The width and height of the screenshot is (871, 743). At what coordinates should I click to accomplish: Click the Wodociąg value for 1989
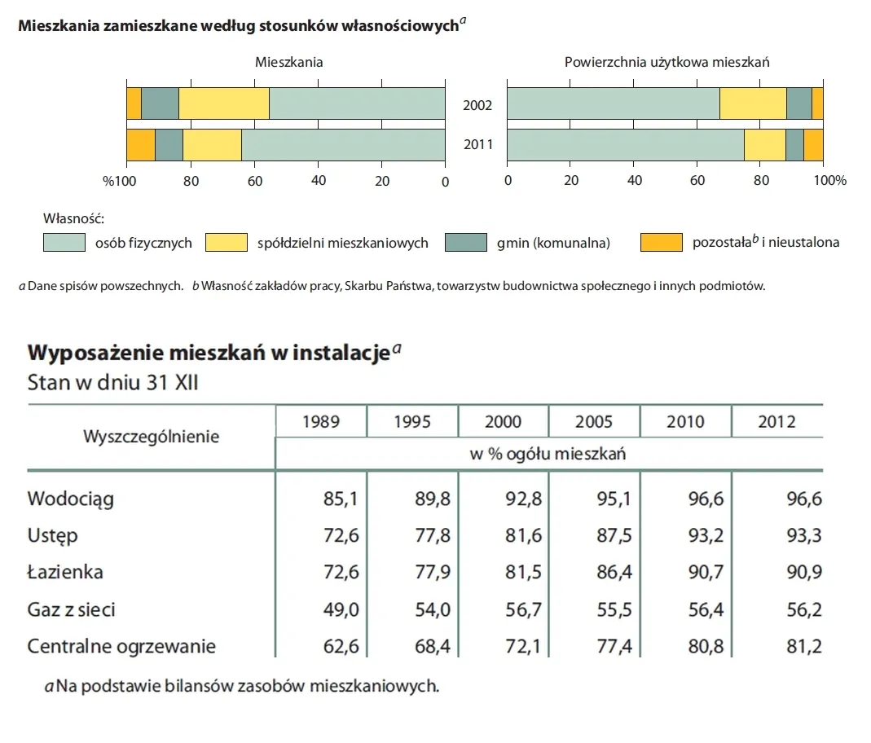[341, 499]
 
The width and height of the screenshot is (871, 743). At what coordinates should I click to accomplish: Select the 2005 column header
[594, 422]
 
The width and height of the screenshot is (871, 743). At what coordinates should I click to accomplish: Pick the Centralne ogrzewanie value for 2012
[803, 647]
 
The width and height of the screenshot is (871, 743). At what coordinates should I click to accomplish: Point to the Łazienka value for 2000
[523, 572]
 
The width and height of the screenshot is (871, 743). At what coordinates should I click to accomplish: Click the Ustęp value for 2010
[706, 535]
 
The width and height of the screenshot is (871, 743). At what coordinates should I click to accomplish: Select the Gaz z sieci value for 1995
[433, 609]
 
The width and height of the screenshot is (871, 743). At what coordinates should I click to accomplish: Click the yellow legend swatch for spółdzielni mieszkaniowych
[226, 242]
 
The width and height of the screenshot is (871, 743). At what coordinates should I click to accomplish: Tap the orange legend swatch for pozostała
[661, 242]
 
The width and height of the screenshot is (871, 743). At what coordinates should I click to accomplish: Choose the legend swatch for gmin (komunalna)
[466, 242]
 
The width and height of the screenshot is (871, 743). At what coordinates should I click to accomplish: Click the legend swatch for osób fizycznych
[64, 242]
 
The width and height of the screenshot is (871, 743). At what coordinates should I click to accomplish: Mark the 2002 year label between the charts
[477, 105]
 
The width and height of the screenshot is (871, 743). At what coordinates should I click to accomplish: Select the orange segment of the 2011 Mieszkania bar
[140, 145]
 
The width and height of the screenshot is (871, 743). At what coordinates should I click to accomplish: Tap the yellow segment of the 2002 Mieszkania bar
[223, 103]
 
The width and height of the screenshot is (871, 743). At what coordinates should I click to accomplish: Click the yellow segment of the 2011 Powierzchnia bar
[764, 145]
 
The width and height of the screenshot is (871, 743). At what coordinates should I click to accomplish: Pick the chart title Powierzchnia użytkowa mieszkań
[666, 62]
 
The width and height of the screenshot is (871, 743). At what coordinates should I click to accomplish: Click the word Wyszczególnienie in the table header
[151, 437]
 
